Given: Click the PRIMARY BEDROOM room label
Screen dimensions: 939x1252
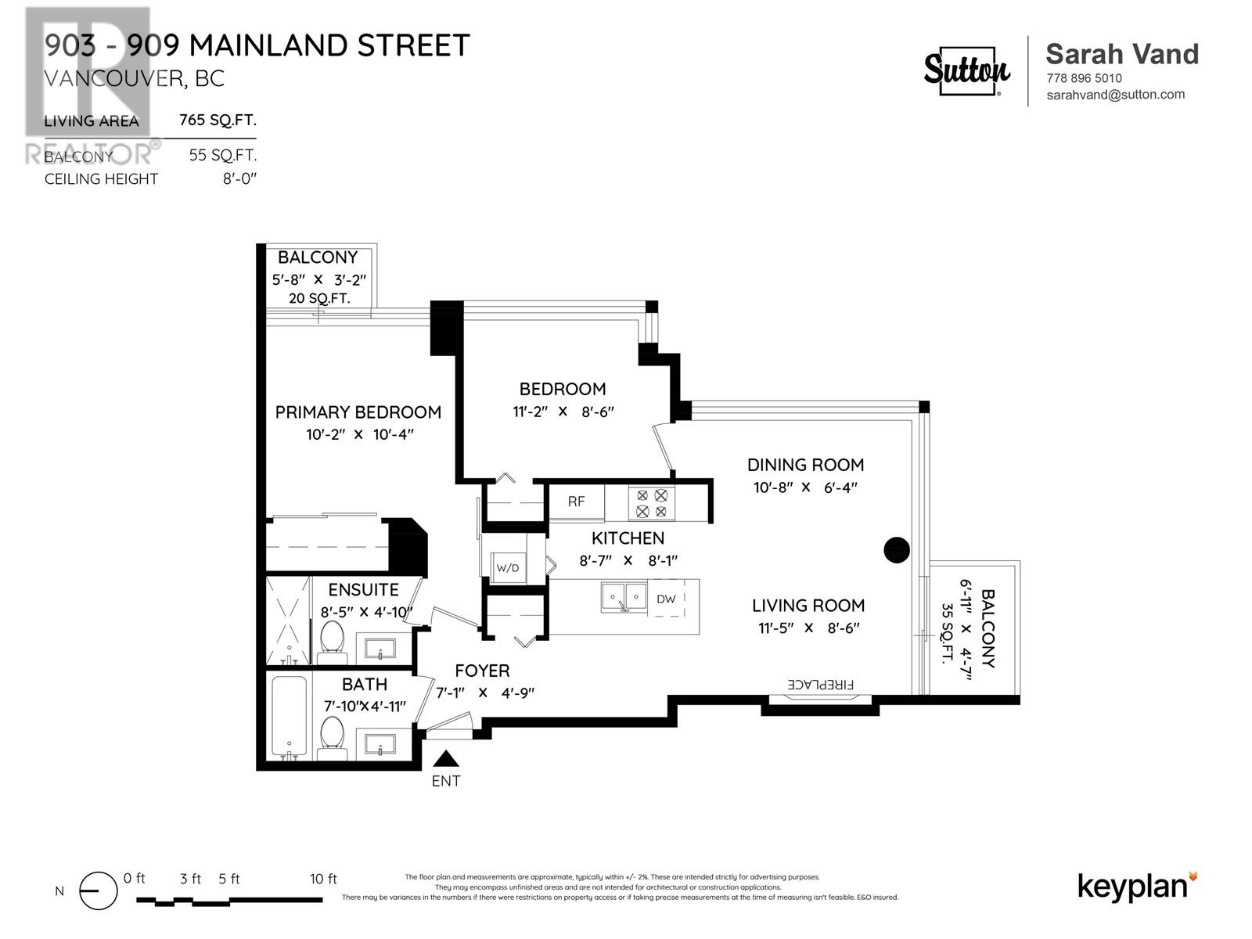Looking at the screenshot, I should click(x=358, y=412).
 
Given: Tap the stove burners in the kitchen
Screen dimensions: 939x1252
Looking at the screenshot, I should click(x=651, y=503).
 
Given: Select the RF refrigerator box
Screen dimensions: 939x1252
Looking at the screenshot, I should click(x=576, y=502).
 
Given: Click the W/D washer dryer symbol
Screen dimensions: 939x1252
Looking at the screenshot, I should click(x=508, y=568).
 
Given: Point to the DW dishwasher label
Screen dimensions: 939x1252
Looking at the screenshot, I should click(x=666, y=599).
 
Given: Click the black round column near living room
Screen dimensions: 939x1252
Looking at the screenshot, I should click(x=897, y=550).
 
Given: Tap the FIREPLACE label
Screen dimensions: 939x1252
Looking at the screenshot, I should click(x=821, y=684).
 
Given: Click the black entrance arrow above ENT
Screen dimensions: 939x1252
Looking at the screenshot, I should click(x=446, y=758).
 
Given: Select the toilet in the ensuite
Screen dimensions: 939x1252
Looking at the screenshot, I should click(x=333, y=638).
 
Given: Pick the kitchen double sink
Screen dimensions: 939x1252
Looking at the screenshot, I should click(x=624, y=598).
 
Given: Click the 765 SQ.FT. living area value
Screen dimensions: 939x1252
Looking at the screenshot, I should click(x=218, y=121).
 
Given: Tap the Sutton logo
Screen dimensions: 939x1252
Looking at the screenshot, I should click(x=967, y=71).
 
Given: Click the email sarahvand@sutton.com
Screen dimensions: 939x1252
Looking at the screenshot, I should click(x=1115, y=95).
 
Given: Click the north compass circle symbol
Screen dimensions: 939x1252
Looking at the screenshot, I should click(x=99, y=891).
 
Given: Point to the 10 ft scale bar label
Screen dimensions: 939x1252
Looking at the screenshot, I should click(x=323, y=879).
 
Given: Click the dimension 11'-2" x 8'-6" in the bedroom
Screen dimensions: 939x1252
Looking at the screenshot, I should click(x=563, y=412).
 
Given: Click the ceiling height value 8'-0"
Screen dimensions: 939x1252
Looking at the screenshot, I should click(x=239, y=179).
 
